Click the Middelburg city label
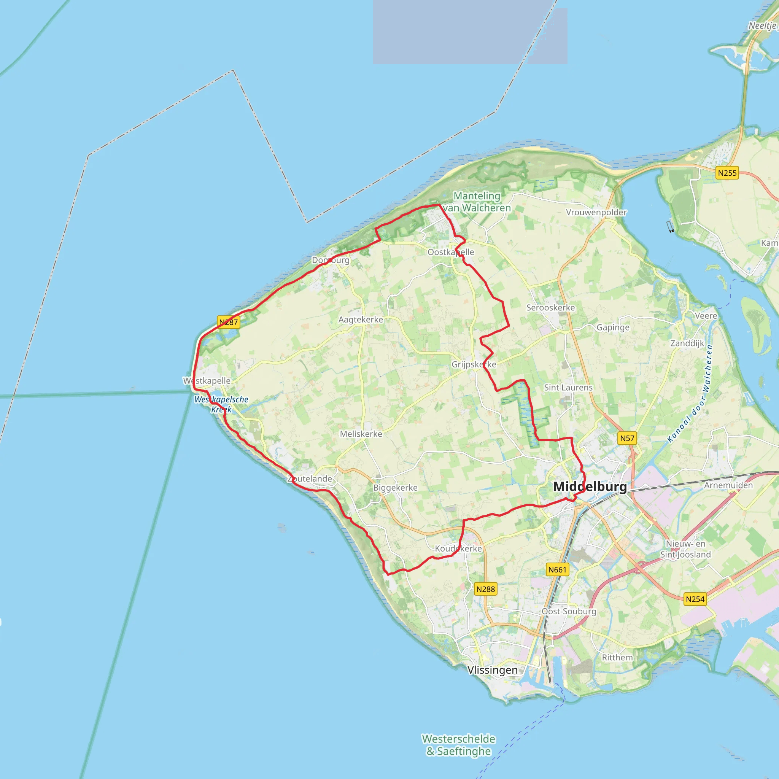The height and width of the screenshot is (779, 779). [590, 486]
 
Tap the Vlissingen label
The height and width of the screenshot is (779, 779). [492, 670]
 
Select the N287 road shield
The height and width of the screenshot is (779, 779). [229, 322]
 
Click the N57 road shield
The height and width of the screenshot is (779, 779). [627, 438]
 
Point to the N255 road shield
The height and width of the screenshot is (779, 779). [727, 173]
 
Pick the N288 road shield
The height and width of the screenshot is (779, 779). [485, 589]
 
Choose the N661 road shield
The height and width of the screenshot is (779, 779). [558, 570]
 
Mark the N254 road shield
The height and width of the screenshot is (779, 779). [695, 599]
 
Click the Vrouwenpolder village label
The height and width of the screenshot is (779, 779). [596, 213]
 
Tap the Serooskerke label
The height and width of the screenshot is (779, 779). [550, 308]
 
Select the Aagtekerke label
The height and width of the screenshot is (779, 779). [361, 320]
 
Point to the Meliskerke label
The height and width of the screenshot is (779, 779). [361, 434]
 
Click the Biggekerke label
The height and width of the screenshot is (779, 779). [395, 488]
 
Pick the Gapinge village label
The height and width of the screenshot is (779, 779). [613, 327]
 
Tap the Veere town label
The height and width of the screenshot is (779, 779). [706, 316]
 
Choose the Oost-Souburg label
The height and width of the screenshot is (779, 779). [569, 611]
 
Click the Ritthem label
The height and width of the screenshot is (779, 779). [617, 658]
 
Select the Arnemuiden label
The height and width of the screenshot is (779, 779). [728, 485]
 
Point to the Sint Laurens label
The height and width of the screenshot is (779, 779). [568, 388]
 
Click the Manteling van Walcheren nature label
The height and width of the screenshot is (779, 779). [477, 202]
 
